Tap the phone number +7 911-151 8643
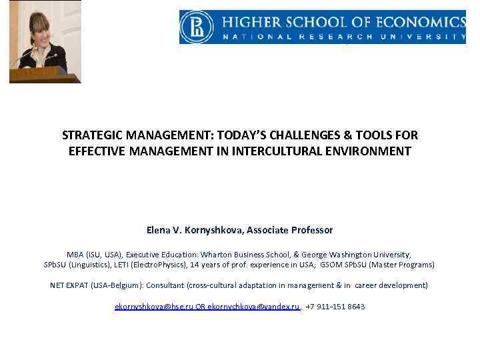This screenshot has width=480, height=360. [335, 307]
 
